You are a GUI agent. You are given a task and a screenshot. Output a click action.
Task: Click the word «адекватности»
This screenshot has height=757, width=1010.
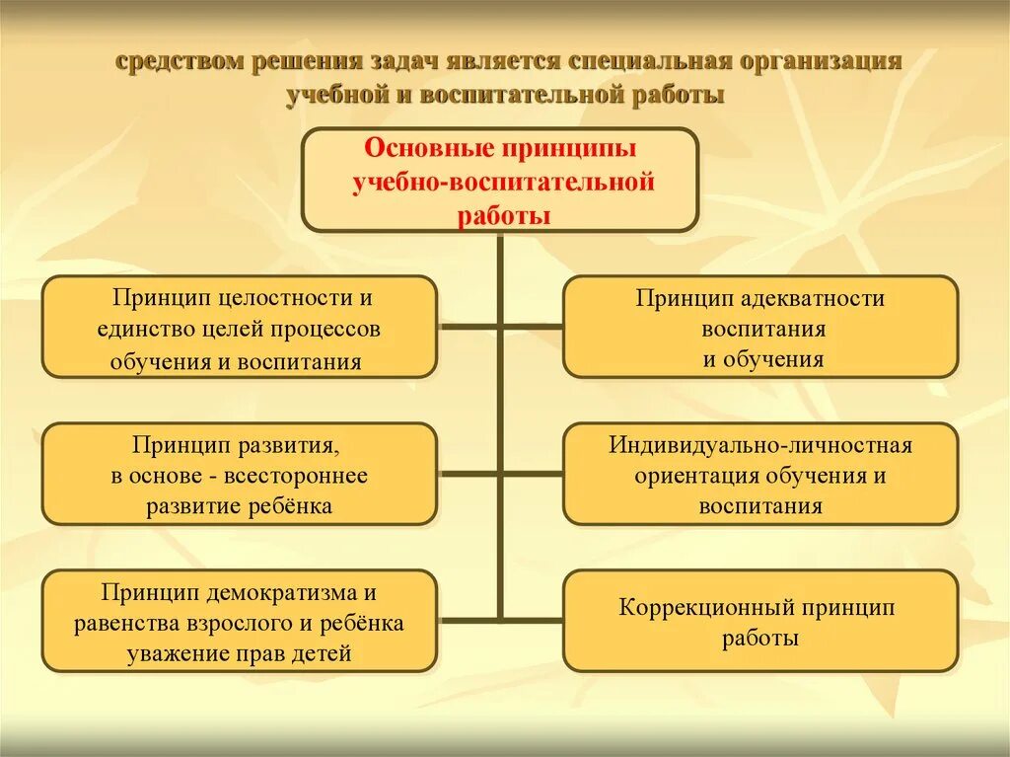tap(800, 298)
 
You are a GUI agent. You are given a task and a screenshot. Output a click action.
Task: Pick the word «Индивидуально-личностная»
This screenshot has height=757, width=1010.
tap(759, 445)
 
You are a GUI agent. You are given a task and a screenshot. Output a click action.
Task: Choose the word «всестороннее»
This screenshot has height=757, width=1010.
tap(297, 476)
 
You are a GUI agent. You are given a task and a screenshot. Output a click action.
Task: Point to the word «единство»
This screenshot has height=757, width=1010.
tap(142, 329)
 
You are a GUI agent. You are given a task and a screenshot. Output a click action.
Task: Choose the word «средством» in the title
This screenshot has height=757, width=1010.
tap(179, 61)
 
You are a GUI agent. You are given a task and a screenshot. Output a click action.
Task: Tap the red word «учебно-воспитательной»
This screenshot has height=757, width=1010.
tap(503, 183)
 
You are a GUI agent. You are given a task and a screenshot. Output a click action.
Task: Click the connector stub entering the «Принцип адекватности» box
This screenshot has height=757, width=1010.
tap(534, 324)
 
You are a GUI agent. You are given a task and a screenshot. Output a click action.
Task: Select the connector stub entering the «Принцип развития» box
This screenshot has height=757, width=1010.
tap(469, 473)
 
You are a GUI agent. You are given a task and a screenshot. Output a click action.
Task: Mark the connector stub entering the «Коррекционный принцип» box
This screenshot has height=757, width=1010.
tap(534, 620)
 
